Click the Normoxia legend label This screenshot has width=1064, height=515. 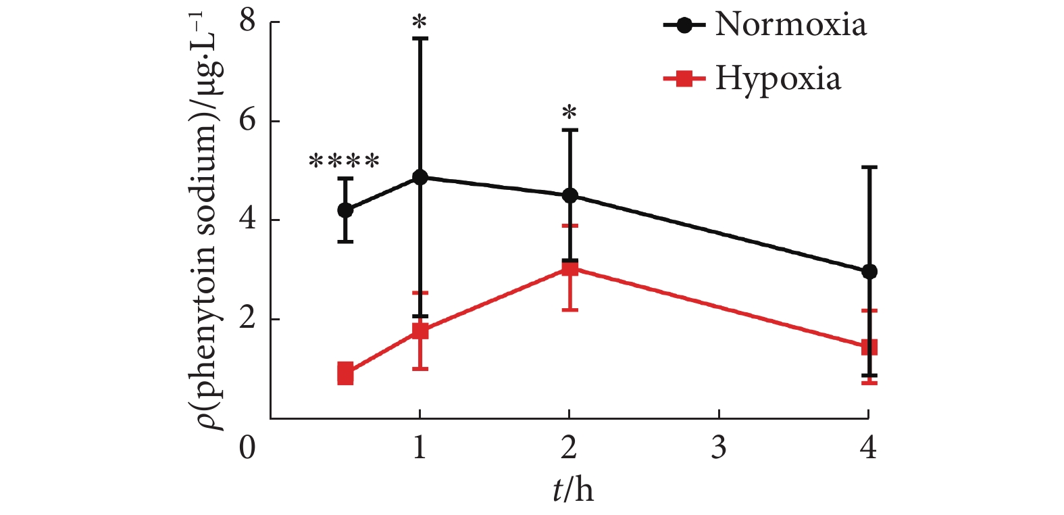point(790,25)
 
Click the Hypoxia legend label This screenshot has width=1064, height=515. point(778,78)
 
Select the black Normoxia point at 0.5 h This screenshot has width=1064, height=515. point(345,210)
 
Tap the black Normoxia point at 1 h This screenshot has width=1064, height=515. point(420,177)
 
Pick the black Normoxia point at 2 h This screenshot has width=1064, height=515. point(569,196)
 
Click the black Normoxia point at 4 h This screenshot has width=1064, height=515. point(869,272)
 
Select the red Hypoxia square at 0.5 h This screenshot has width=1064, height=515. point(345,373)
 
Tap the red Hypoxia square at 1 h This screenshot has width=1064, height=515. point(420,331)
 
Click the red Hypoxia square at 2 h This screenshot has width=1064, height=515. point(569,269)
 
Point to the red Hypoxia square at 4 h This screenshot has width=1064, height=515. point(869,348)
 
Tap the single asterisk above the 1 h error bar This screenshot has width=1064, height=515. point(420,24)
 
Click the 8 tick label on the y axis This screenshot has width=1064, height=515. point(248,22)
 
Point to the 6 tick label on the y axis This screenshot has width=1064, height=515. point(248,121)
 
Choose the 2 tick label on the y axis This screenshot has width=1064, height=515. point(248,318)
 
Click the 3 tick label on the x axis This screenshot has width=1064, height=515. point(719,447)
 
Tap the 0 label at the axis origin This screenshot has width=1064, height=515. point(248,447)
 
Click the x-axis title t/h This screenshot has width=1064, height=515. point(573,489)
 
